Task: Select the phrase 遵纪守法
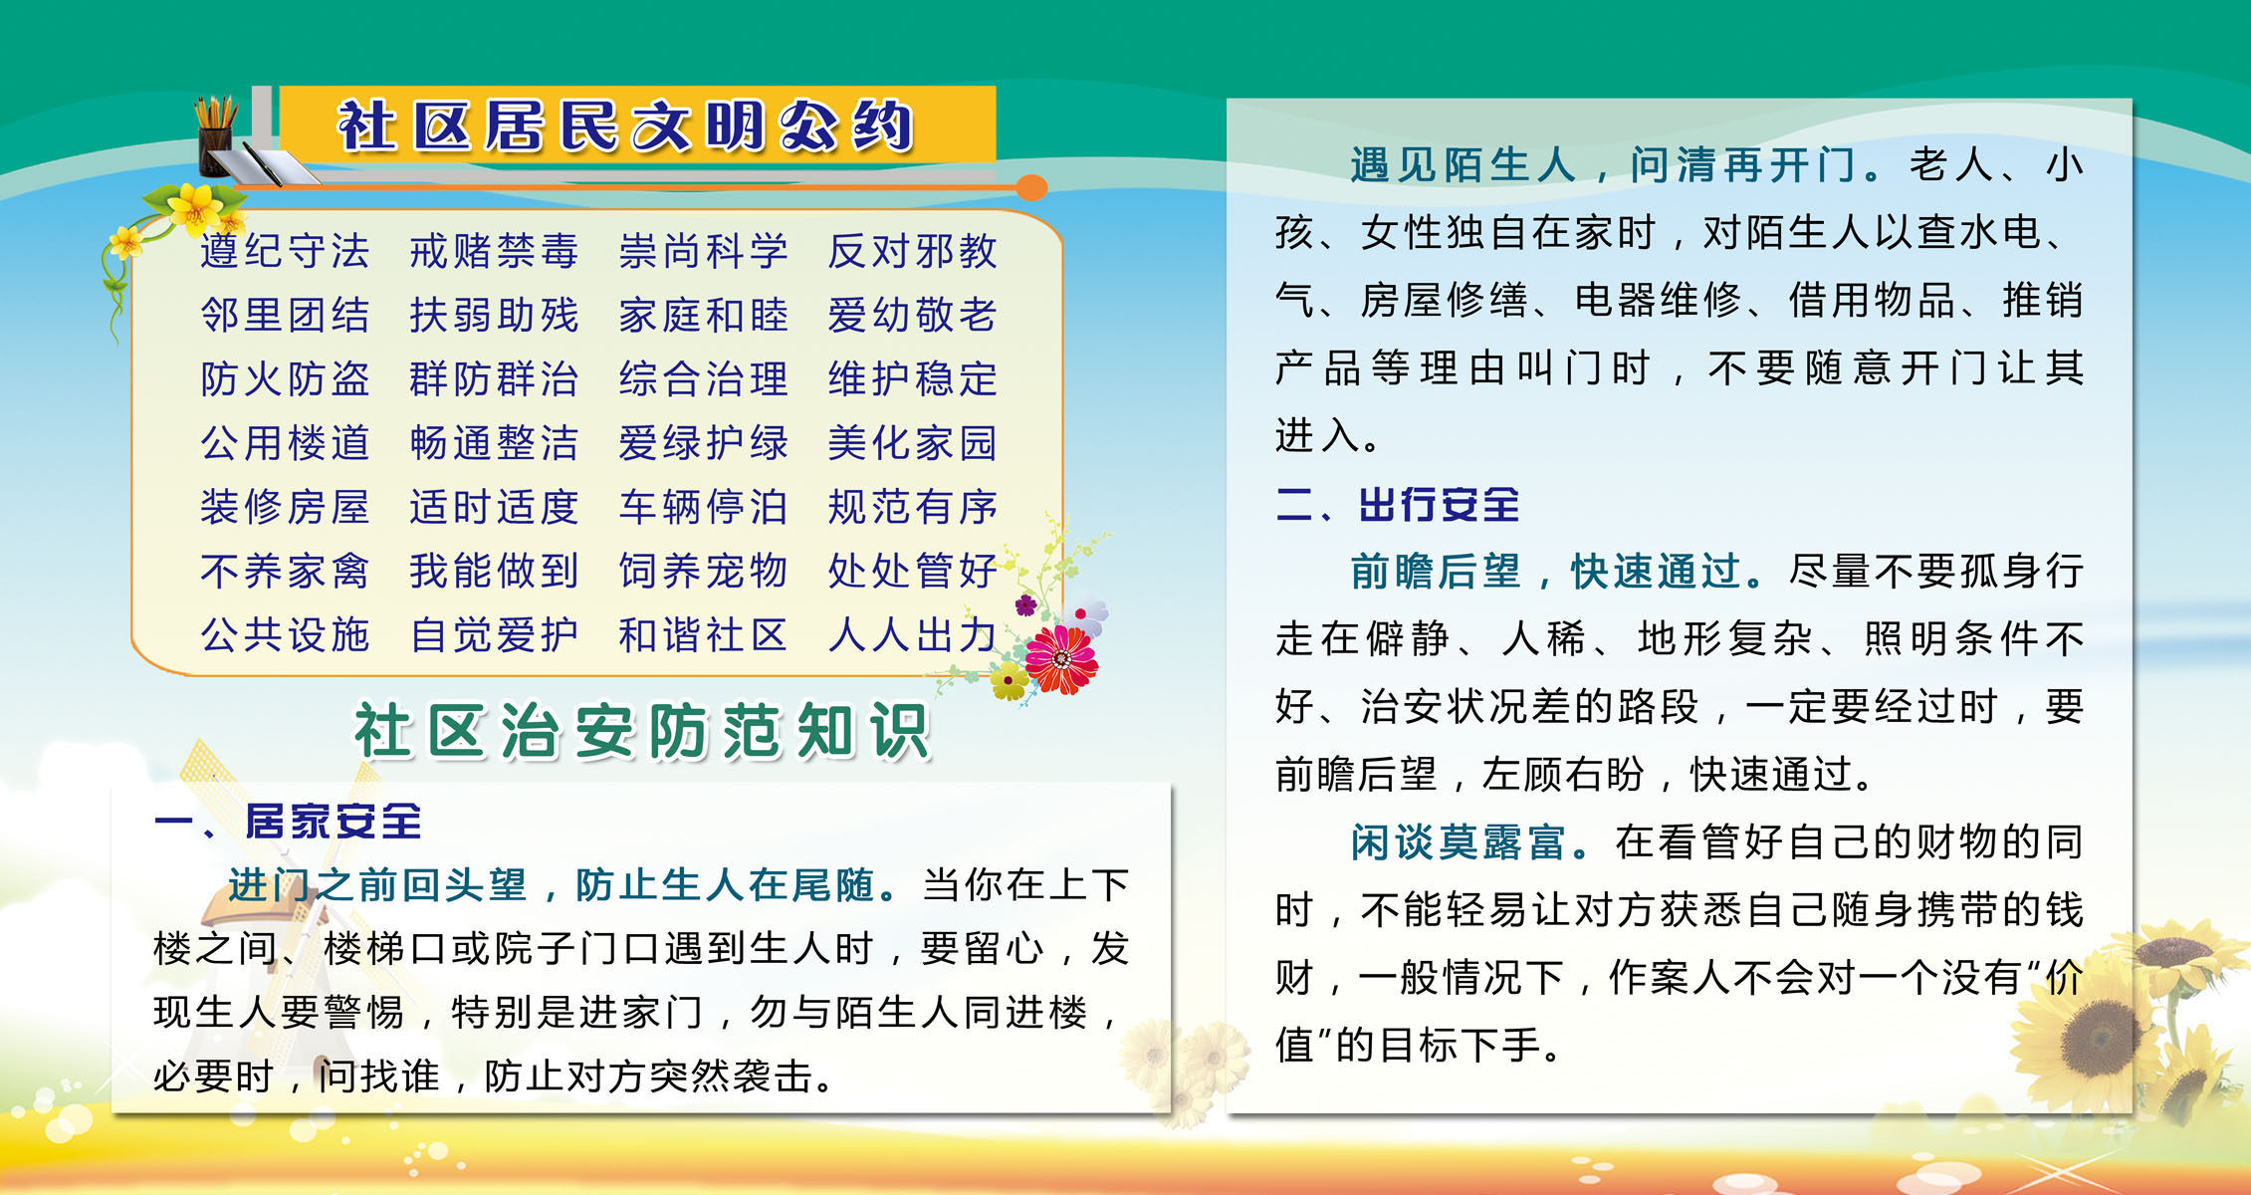285,251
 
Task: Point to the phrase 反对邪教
912,251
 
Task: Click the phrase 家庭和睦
703,315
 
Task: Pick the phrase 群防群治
494,378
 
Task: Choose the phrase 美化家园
912,442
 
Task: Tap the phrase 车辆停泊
703,507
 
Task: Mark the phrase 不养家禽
285,571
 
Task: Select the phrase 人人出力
912,634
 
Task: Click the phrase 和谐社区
703,634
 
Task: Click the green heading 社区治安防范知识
642,732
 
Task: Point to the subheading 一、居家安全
288,822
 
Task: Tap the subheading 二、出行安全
1398,505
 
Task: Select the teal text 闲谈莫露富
1460,841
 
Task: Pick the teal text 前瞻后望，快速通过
1548,571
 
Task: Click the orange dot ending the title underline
1032,187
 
